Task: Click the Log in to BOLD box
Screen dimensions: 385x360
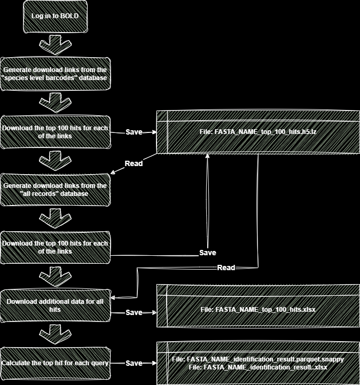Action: (x=55, y=16)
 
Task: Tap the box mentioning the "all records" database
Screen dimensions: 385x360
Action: (x=55, y=190)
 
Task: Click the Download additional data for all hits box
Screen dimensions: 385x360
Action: (x=55, y=305)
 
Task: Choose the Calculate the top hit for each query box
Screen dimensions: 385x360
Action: (x=55, y=363)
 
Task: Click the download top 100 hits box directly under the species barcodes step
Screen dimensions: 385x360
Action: (x=55, y=132)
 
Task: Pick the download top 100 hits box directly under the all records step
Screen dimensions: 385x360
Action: (x=55, y=247)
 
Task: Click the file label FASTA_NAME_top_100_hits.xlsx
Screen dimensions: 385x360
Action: (x=258, y=310)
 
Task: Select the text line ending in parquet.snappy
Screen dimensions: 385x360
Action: (x=258, y=359)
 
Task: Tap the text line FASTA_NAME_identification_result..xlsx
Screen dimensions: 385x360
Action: (x=258, y=367)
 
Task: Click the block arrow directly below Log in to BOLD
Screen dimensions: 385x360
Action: (x=55, y=44)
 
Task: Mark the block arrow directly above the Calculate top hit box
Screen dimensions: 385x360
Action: (x=55, y=334)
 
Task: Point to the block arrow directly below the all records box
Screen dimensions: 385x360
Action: (x=55, y=218)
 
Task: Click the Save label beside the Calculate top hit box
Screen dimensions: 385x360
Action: (x=134, y=363)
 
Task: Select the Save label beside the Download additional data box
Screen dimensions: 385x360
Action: (x=134, y=312)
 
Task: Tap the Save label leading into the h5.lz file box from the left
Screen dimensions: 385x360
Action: (x=134, y=132)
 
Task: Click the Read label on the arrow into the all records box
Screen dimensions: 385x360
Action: (x=134, y=163)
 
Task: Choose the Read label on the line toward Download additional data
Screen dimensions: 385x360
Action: (x=226, y=268)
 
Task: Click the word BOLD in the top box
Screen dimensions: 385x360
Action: (x=69, y=16)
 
